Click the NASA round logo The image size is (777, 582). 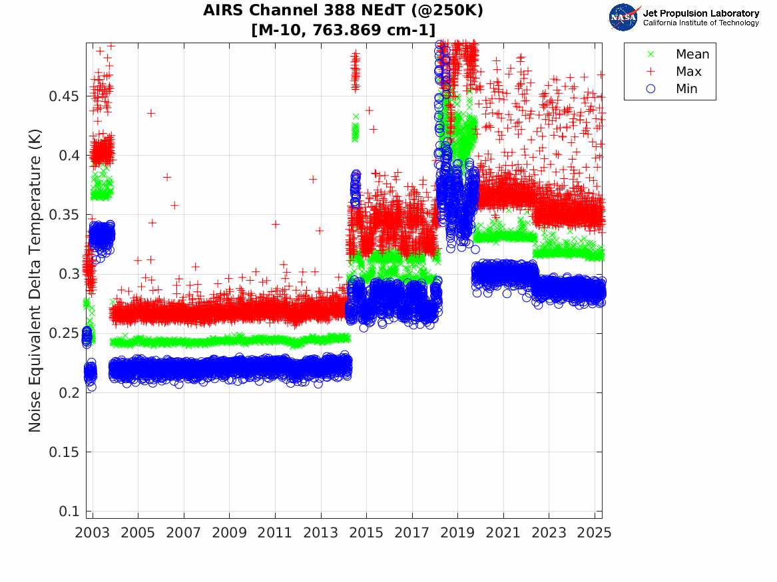pyautogui.click(x=624, y=17)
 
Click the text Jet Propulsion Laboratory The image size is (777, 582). pyautogui.click(x=700, y=13)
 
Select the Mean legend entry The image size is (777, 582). pyautogui.click(x=692, y=55)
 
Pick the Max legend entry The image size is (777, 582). pyautogui.click(x=688, y=72)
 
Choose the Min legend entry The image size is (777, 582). pyautogui.click(x=687, y=89)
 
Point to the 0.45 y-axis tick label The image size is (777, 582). pyautogui.click(x=64, y=96)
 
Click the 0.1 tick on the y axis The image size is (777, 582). pyautogui.click(x=70, y=511)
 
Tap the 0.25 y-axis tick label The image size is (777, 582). pyautogui.click(x=64, y=333)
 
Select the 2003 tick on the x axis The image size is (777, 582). pyautogui.click(x=93, y=533)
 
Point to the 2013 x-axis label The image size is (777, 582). pyautogui.click(x=321, y=533)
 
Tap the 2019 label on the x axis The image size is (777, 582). pyautogui.click(x=458, y=533)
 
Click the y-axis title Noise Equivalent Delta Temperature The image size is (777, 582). pyautogui.click(x=35, y=280)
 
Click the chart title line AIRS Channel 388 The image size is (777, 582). pyautogui.click(x=344, y=11)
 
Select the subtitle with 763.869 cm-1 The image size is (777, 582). pyautogui.click(x=344, y=29)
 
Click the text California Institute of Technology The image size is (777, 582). pyautogui.click(x=700, y=23)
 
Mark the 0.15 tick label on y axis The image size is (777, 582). pyautogui.click(x=64, y=452)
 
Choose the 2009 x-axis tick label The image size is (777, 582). pyautogui.click(x=230, y=533)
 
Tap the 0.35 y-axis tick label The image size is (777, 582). pyautogui.click(x=64, y=215)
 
